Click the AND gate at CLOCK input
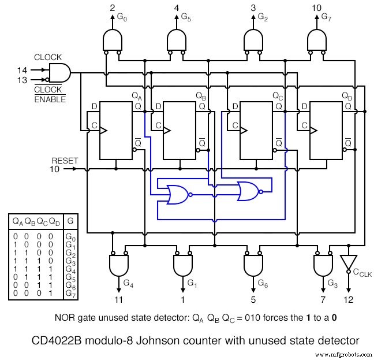coord(59,73)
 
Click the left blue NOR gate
coord(176,194)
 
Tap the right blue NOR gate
coord(248,191)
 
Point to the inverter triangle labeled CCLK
coord(349,263)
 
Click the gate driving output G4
coord(118,266)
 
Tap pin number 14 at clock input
coord(22,69)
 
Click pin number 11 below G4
coord(118,300)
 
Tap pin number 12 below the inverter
coord(349,300)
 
